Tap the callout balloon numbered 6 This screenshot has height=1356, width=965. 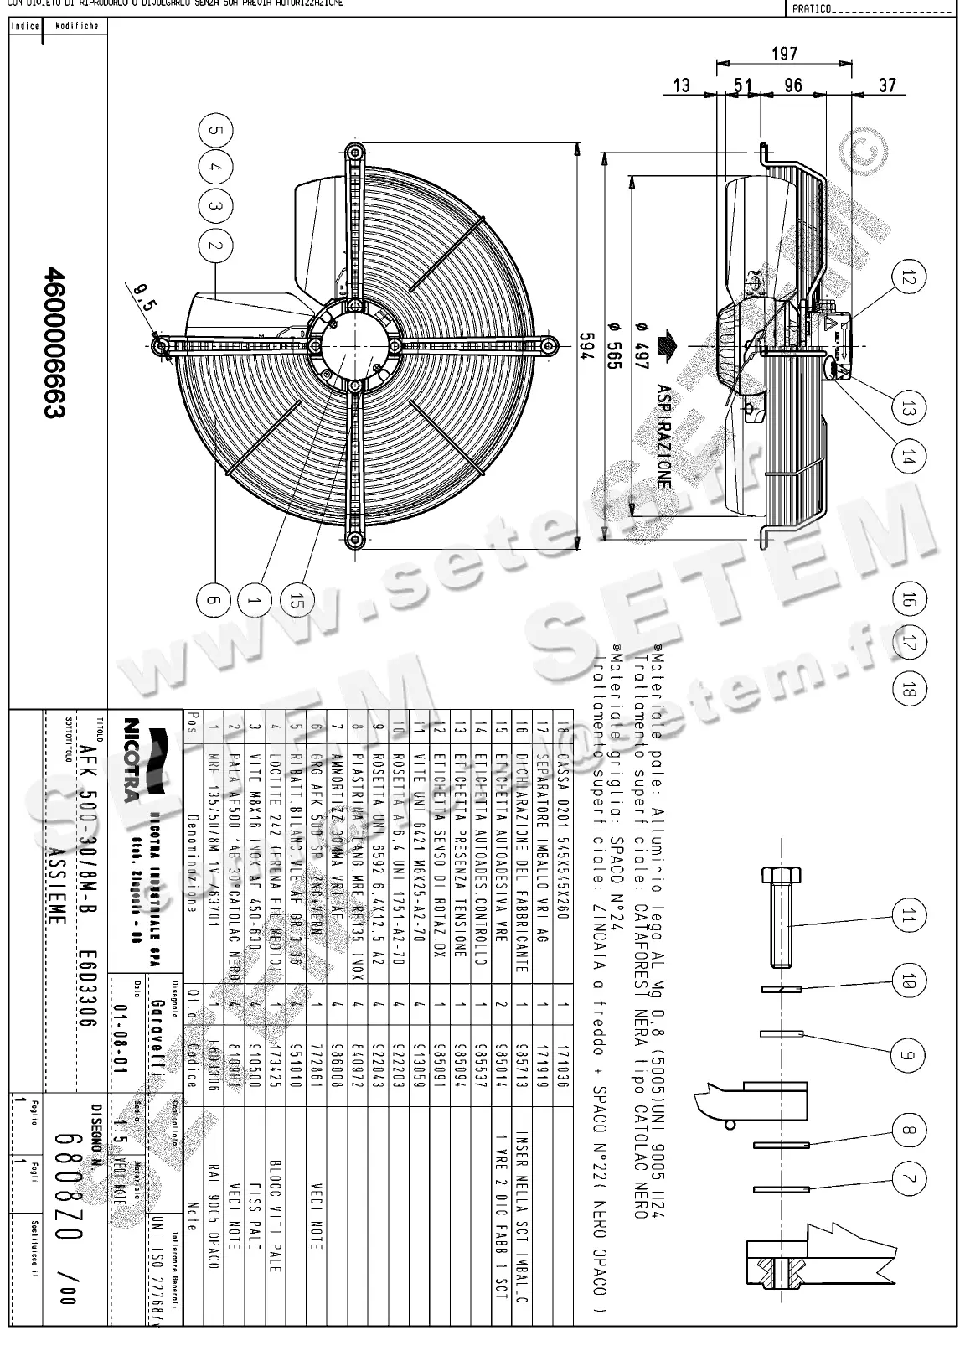213,600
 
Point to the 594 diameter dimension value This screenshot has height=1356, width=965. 587,347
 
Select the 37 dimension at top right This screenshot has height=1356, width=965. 887,85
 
